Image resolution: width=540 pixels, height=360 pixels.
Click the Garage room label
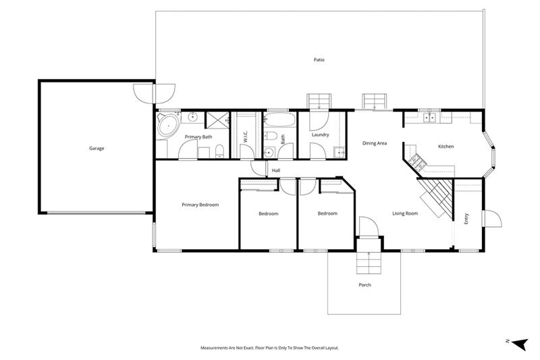click(97, 148)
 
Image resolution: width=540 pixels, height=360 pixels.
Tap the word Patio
click(319, 60)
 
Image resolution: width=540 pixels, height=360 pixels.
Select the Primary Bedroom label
click(200, 205)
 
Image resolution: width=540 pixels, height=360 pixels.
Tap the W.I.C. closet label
click(246, 136)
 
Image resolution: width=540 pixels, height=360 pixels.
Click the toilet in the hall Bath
click(268, 151)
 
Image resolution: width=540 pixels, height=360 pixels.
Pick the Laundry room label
click(320, 134)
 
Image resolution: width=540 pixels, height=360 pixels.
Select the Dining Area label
click(374, 143)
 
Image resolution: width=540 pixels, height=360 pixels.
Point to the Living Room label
click(405, 214)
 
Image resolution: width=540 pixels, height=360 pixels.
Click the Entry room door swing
click(491, 220)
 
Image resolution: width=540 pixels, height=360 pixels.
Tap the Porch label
click(364, 284)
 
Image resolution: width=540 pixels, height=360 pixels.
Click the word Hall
click(275, 170)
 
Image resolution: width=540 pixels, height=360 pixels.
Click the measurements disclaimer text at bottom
click(269, 348)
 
